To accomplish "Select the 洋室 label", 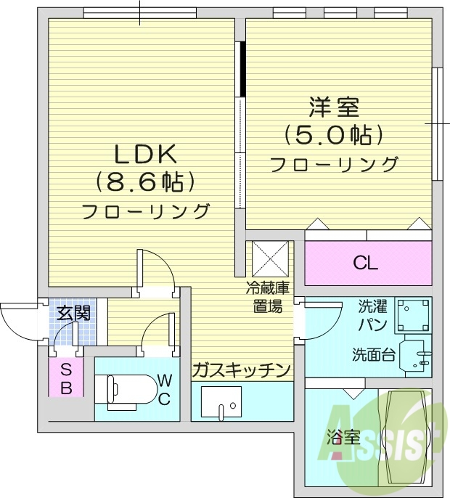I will click(x=335, y=108).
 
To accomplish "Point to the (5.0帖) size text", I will click(x=334, y=135).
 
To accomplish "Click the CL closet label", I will click(x=365, y=263).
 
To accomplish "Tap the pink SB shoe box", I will click(x=65, y=378).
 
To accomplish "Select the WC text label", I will click(x=164, y=389).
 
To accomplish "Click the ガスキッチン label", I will click(x=242, y=370).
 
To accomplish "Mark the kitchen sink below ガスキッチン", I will click(x=221, y=402).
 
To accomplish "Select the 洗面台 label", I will click(x=374, y=355).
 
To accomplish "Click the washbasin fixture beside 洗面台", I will click(x=416, y=356).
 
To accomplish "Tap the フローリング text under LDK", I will click(x=145, y=212).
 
